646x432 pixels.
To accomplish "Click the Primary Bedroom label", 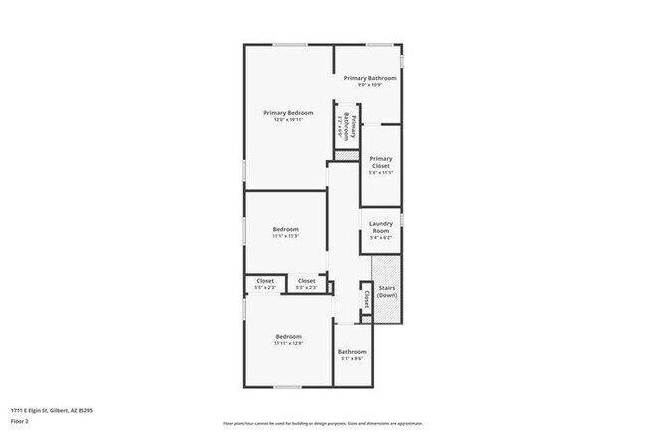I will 288,112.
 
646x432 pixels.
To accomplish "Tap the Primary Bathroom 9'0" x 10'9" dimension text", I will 370,85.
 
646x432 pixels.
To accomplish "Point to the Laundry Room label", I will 380,227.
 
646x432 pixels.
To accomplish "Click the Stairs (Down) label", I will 387,292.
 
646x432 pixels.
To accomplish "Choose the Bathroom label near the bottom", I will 352,351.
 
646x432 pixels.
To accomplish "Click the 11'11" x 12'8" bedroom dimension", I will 288,343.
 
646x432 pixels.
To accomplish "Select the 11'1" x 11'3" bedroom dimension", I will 286,236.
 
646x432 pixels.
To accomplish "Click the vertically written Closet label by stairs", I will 366,298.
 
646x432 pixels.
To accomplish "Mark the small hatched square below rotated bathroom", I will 346,156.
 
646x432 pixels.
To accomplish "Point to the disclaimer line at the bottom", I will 323,422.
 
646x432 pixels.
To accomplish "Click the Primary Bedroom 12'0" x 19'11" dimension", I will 288,119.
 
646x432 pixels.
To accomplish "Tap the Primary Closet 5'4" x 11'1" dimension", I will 380,173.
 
